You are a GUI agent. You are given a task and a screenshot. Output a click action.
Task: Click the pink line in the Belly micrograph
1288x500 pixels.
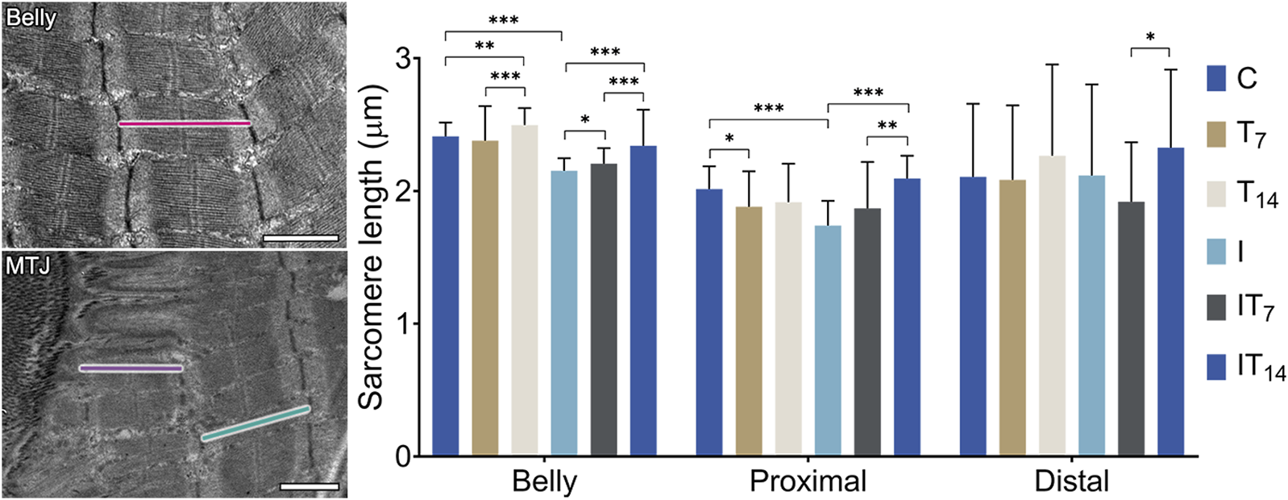[x=185, y=124]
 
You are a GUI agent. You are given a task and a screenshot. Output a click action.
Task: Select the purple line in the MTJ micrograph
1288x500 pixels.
[x=131, y=369]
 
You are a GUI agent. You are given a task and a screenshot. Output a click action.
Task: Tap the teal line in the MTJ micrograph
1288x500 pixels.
[x=255, y=423]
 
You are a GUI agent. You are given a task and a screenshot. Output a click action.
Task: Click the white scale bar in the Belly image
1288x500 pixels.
[x=301, y=238]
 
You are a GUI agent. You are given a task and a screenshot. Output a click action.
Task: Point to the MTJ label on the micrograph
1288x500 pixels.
[x=28, y=265]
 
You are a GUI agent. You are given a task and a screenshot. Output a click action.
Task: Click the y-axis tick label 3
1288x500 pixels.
[x=402, y=59]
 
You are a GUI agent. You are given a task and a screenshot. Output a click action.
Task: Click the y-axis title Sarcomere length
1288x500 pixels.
[x=372, y=246]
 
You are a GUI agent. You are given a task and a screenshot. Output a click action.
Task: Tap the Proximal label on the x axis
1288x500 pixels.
[x=808, y=481]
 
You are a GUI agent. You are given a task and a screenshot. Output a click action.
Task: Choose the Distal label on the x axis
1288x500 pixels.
[x=1071, y=481]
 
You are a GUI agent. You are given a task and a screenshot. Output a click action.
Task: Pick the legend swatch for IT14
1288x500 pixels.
[x=1216, y=366]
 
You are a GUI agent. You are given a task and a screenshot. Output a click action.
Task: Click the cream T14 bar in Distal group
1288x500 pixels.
[x=1053, y=306]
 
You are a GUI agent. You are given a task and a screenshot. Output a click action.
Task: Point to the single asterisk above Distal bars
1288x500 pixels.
[x=1150, y=37]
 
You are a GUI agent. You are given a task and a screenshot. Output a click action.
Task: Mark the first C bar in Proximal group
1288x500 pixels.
[x=709, y=323]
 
